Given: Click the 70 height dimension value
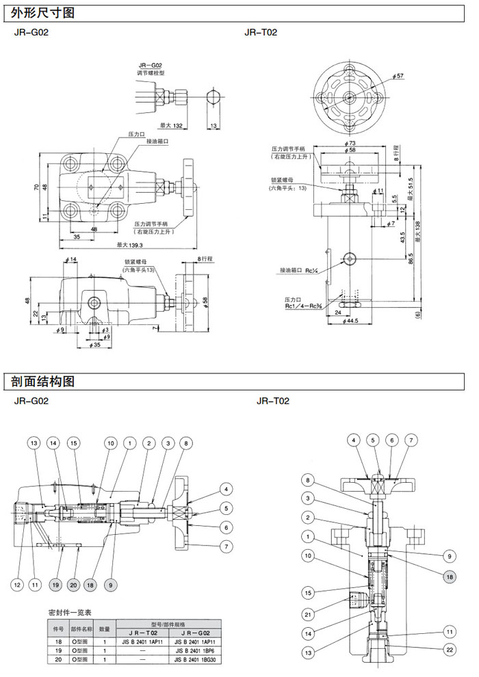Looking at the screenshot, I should [x=30, y=187].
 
